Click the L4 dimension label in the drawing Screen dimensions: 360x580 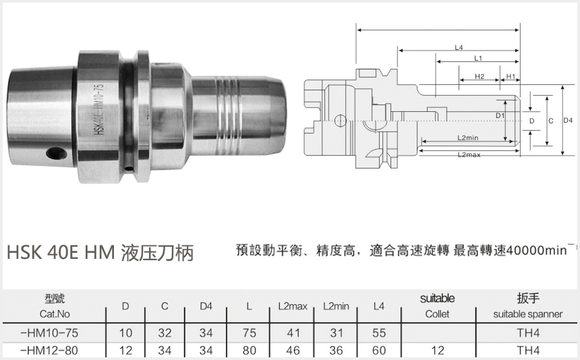(458, 48)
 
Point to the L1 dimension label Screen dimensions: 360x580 (477, 59)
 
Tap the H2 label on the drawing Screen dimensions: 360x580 (480, 77)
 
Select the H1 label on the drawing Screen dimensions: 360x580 (511, 77)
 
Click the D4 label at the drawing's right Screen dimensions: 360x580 (567, 120)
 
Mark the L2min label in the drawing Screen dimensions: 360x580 (467, 138)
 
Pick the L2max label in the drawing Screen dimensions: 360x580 (468, 155)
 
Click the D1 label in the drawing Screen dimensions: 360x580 (500, 116)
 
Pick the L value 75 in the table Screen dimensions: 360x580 (249, 333)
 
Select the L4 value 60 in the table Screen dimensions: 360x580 (378, 351)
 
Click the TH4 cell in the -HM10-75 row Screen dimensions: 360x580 (528, 333)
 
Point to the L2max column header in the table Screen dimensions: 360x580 (292, 307)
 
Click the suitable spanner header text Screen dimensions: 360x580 (528, 314)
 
